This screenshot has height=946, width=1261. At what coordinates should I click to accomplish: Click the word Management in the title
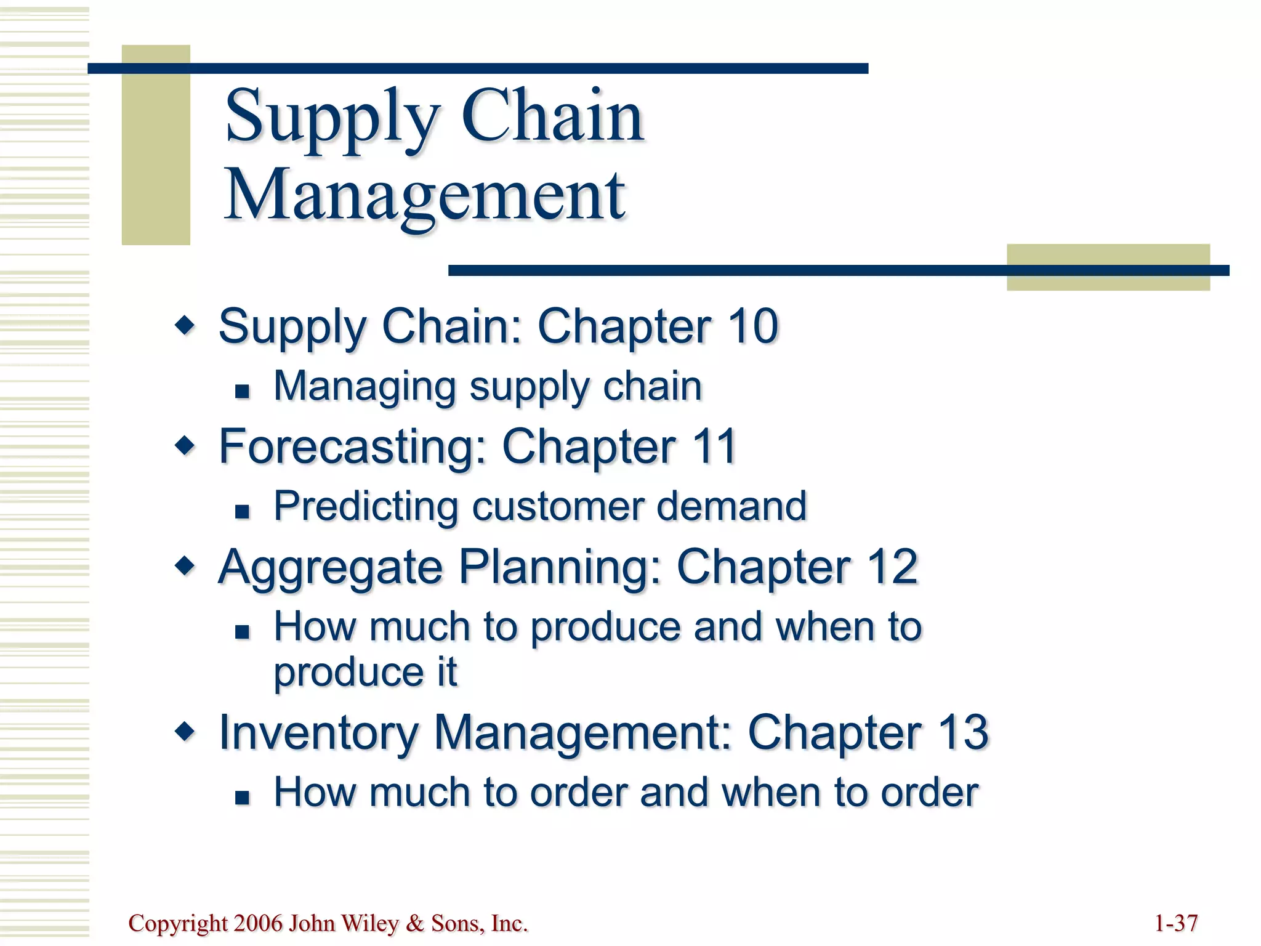425,196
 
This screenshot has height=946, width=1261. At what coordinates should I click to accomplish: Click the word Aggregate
331,568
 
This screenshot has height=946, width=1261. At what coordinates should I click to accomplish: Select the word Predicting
366,506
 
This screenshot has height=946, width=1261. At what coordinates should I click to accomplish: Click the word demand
731,506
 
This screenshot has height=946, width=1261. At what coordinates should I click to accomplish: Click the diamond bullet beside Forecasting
185,445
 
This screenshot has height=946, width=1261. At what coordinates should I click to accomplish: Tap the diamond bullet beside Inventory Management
185,731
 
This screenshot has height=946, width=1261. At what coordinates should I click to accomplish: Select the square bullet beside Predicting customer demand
242,511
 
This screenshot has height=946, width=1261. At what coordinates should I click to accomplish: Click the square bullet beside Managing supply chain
242,391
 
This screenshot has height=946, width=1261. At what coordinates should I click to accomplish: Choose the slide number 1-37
1175,923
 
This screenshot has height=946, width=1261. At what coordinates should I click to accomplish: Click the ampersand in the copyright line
416,923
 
